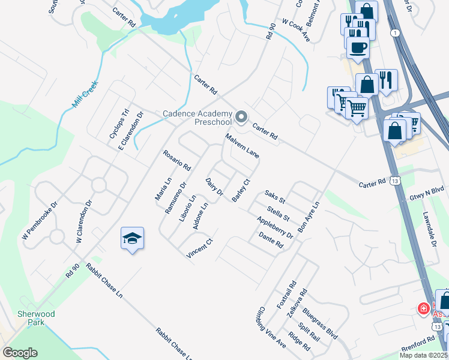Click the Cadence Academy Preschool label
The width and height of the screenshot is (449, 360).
click(x=197, y=118)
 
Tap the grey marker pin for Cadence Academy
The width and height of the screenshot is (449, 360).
click(x=241, y=116)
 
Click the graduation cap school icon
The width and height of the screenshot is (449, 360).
click(x=132, y=239)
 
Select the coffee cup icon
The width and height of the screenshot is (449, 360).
click(x=358, y=48)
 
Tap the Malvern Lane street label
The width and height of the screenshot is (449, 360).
click(x=243, y=146)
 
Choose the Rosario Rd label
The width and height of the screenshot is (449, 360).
click(x=176, y=160)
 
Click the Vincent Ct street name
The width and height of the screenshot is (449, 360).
click(x=200, y=249)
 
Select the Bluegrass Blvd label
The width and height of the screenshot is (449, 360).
click(x=321, y=323)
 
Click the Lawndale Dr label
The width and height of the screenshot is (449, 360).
click(x=427, y=221)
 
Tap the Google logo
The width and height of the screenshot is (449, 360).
click(x=20, y=353)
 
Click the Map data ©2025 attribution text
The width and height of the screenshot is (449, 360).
click(x=423, y=355)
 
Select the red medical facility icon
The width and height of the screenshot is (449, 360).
click(x=423, y=309)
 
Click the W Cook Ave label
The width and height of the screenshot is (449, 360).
click(x=296, y=32)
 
